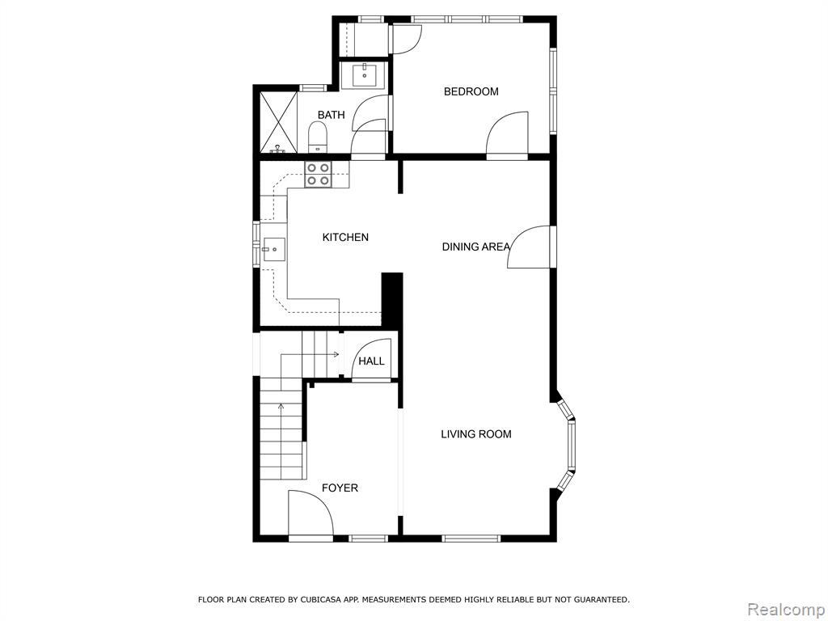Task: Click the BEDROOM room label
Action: coord(471,92)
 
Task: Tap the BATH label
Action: coord(331,115)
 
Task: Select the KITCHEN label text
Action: coord(345,238)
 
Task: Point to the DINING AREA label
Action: coord(475,247)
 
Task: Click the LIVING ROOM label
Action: coord(475,434)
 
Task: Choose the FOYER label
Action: coord(340,488)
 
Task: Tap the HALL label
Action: coord(372,361)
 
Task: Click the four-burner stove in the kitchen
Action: coord(319,175)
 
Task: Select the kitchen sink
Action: coord(273,250)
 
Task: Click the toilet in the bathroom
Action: coord(317,136)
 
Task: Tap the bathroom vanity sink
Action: coord(365,75)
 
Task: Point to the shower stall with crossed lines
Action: coord(278,123)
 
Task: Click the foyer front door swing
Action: coord(310,513)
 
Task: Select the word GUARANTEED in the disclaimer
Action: coord(601,600)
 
